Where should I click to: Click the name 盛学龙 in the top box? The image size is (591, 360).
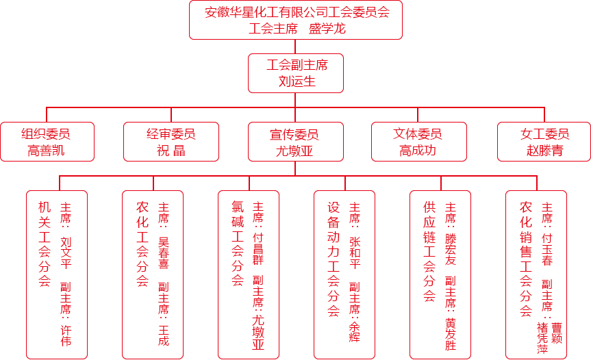pos(327,29)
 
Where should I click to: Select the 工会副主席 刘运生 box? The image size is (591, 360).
pos(296,73)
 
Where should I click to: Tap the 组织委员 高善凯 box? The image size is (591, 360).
pos(47,142)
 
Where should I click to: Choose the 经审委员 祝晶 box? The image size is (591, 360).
pos(171,142)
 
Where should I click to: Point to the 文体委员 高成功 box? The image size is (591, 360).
pos(418,142)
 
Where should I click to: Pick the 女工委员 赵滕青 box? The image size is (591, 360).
pos(544,142)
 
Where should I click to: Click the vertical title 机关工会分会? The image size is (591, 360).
pos(45,244)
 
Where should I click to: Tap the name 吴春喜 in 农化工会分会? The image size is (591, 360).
pos(164,253)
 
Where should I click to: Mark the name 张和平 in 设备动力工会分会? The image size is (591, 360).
pos(355,253)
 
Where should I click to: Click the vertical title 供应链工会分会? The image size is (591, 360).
pos(429,252)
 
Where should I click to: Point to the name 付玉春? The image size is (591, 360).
pos(547,249)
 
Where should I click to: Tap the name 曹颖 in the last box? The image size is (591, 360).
pos(557,333)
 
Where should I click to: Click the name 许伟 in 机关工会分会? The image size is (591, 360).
pos(66,335)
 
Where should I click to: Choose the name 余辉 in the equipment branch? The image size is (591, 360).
pos(355,332)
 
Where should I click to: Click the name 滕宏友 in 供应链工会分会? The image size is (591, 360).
pos(451,249)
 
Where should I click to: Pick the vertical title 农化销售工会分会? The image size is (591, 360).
pos(526,259)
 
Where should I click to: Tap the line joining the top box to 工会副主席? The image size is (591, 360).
pos(295,47)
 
